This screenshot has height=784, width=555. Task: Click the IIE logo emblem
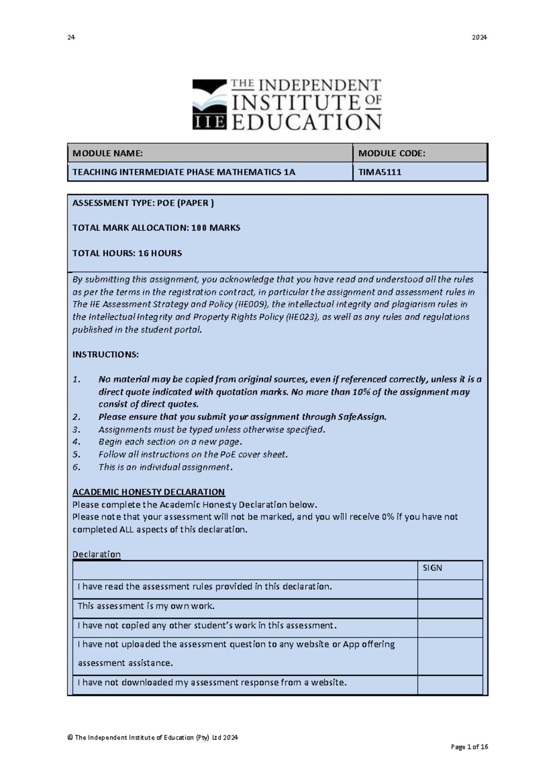pyautogui.click(x=210, y=104)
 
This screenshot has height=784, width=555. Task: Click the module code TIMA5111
pyautogui.click(x=380, y=172)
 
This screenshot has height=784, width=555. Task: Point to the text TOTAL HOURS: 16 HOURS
pyautogui.click(x=127, y=253)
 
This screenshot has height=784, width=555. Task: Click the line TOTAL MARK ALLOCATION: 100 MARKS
pyautogui.click(x=156, y=228)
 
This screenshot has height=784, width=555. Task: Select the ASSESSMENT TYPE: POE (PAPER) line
pyautogui.click(x=143, y=203)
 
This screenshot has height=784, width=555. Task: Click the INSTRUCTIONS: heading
pyautogui.click(x=105, y=355)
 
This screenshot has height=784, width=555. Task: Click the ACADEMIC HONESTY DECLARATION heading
pyautogui.click(x=148, y=492)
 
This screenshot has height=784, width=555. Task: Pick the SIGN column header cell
pyautogui.click(x=450, y=568)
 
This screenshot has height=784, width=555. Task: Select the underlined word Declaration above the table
pyautogui.click(x=96, y=554)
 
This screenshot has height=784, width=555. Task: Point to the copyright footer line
pyautogui.click(x=153, y=737)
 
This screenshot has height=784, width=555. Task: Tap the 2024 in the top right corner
pyautogui.click(x=479, y=37)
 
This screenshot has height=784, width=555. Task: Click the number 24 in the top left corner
pyautogui.click(x=71, y=37)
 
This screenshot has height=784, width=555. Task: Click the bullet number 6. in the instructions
pyautogui.click(x=77, y=467)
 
